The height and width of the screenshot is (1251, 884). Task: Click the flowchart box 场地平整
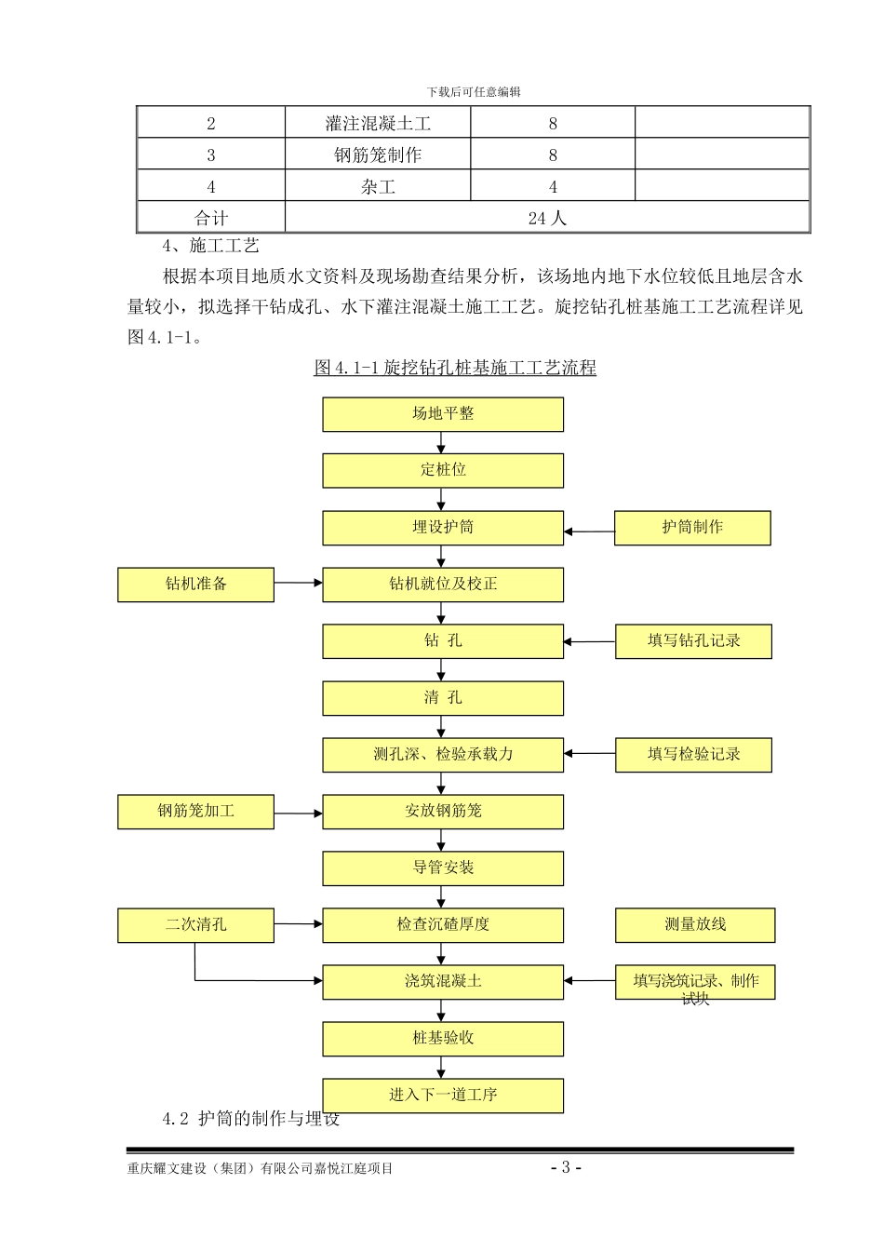coord(443,414)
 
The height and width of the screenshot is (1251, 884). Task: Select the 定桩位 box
coord(443,471)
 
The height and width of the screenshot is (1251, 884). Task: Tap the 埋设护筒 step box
coord(443,528)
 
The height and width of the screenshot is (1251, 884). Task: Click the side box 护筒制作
coord(692,528)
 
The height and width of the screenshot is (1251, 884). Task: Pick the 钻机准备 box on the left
coord(195,585)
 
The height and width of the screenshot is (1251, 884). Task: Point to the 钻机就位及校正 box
coord(443,585)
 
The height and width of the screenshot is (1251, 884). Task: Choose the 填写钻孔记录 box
coord(693,641)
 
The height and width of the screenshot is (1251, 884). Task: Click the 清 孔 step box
coord(443,698)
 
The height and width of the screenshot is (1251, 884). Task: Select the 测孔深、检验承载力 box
coord(443,755)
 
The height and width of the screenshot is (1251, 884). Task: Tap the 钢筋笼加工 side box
coord(195,812)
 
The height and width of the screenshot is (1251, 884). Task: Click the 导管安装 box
coord(443,868)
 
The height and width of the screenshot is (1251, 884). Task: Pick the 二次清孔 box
coord(195,925)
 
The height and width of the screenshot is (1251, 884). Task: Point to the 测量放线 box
coord(694,925)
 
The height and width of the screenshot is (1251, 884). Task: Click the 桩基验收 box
coord(443,1039)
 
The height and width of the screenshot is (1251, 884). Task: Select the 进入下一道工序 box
coord(443,1096)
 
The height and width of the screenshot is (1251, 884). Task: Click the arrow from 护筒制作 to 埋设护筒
coord(589,532)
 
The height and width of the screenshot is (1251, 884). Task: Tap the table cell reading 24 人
coord(547,218)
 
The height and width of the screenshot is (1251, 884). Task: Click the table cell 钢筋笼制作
coord(378,155)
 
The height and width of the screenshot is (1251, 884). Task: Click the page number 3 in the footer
coord(565,1167)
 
